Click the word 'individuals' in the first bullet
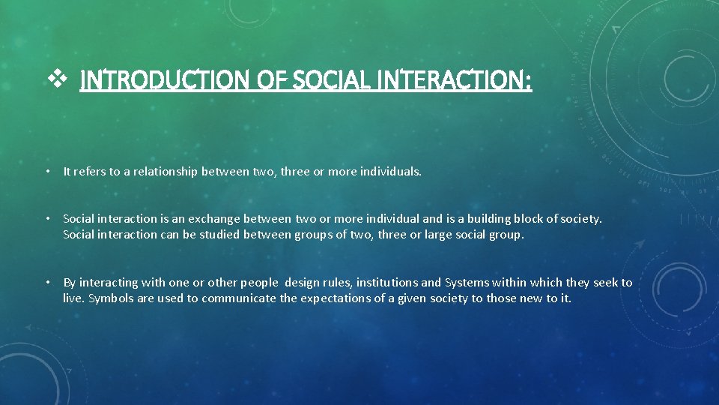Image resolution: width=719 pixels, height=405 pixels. (x=391, y=172)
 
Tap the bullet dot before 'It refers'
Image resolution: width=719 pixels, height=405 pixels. (x=47, y=172)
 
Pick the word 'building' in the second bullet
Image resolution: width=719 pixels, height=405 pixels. (x=490, y=219)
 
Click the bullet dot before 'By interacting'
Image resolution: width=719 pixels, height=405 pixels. (x=47, y=283)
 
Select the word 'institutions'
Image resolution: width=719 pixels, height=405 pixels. (x=387, y=283)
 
